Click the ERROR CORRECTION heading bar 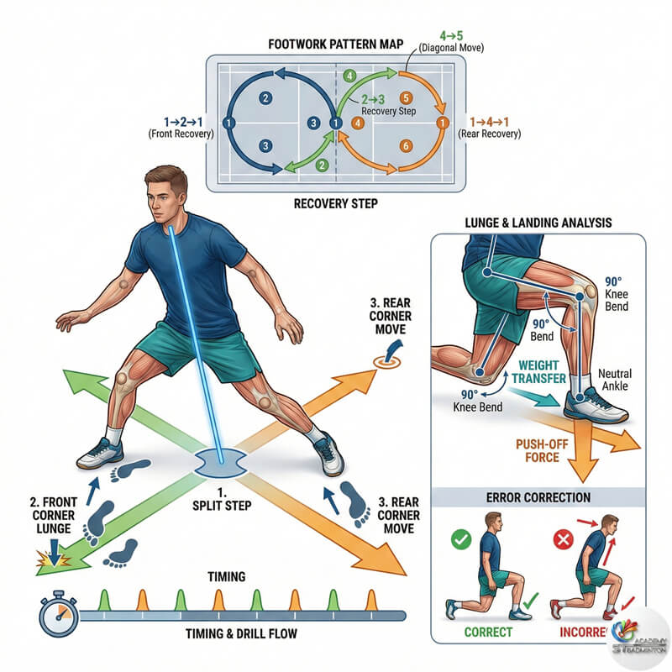point(538,497)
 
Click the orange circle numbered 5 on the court point(406,98)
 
